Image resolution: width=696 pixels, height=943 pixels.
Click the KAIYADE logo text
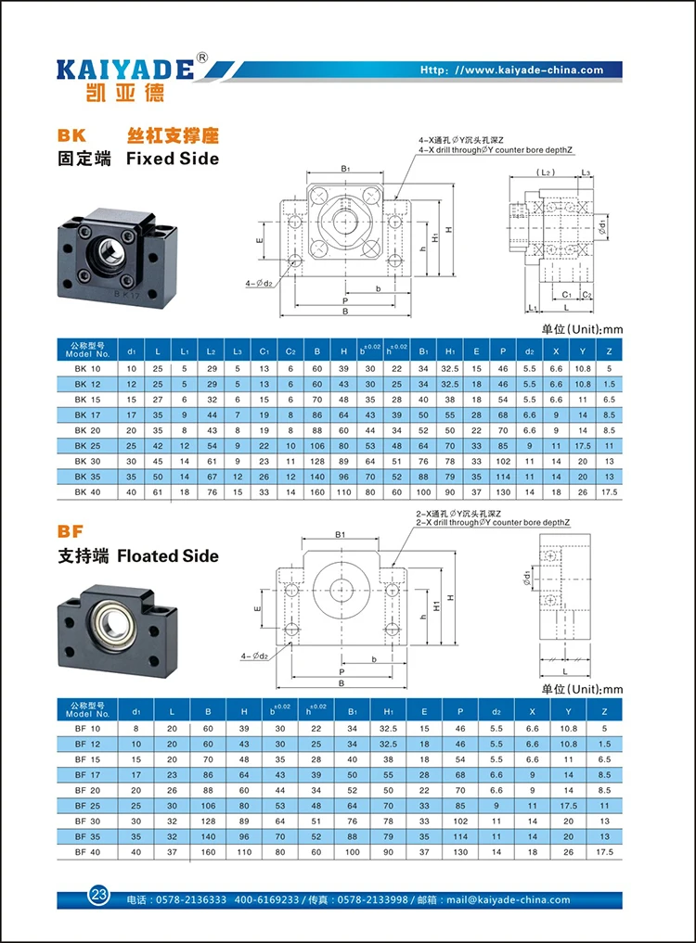click(125, 70)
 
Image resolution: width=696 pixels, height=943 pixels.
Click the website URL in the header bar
click(511, 70)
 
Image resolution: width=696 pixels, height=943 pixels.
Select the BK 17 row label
click(88, 415)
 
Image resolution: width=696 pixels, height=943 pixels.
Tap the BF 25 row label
click(88, 806)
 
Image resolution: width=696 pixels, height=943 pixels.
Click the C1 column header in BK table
click(264, 351)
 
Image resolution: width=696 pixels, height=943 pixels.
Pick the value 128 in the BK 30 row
click(317, 461)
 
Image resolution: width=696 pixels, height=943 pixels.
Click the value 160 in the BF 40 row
click(208, 852)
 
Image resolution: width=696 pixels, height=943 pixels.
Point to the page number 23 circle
click(98, 894)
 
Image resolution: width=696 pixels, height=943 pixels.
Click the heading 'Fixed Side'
click(173, 159)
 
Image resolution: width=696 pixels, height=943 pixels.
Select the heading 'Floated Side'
click(168, 555)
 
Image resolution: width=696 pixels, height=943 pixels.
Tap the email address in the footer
click(509, 899)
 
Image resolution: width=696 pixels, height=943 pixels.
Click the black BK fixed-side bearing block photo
click(118, 256)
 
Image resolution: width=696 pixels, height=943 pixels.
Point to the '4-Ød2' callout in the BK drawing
click(259, 283)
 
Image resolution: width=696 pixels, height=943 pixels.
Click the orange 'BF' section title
click(71, 531)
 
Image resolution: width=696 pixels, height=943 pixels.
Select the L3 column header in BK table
click(238, 351)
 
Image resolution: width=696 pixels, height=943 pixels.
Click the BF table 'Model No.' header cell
click(88, 709)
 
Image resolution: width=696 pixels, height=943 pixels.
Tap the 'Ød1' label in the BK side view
click(602, 226)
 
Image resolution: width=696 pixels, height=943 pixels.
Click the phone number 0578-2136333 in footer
click(191, 899)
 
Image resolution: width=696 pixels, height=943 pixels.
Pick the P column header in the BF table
click(460, 711)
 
